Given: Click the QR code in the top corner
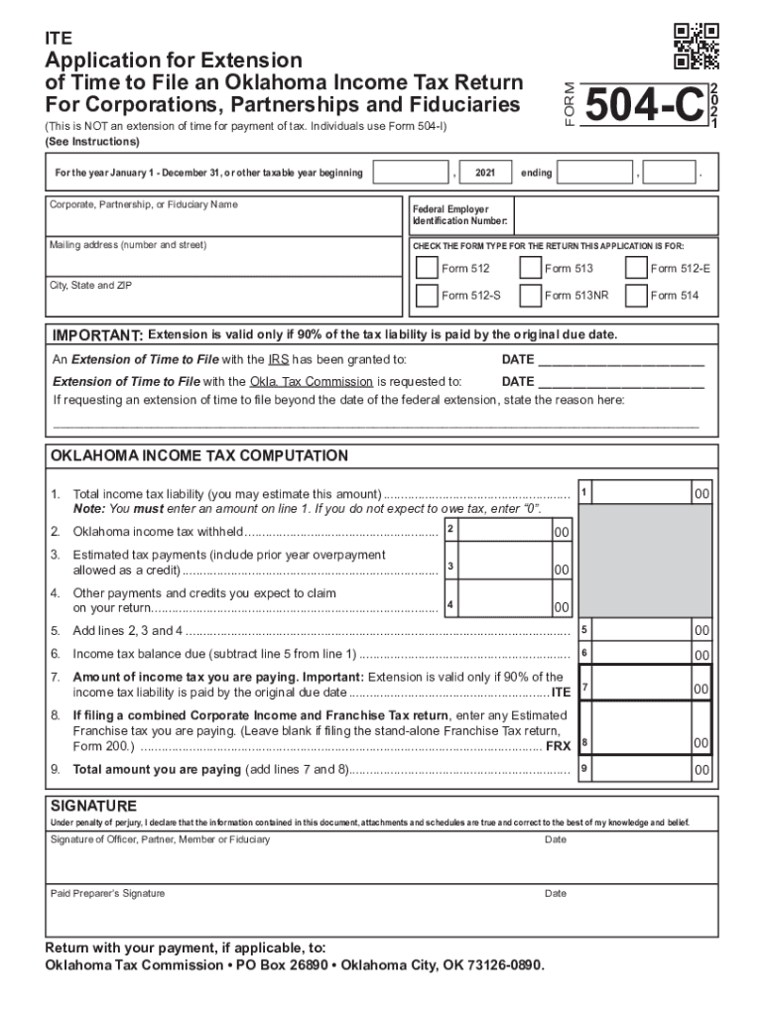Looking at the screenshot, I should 696,47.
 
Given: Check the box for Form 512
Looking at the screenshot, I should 426,268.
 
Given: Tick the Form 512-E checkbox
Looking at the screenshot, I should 635,268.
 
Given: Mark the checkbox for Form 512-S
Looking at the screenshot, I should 426,295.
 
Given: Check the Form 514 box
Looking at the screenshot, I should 635,295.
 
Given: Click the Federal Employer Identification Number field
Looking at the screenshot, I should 613,215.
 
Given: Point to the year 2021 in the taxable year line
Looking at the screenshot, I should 485,174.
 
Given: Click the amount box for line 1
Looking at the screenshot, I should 645,493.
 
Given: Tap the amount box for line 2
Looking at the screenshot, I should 506,531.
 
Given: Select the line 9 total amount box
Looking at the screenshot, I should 645,769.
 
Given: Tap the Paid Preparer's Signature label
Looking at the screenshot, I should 108,893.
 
